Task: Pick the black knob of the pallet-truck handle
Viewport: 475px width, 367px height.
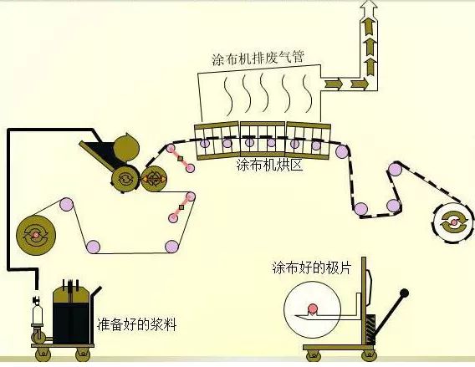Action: [x=405, y=293]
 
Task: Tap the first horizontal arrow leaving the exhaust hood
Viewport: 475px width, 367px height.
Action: [x=333, y=84]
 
